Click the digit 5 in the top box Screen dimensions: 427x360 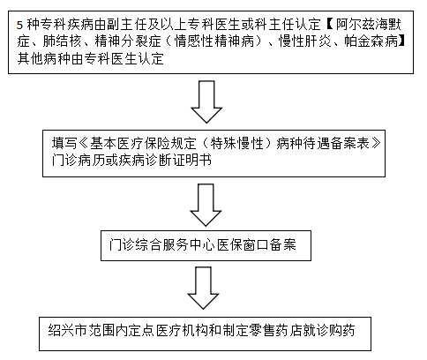[x=19, y=25]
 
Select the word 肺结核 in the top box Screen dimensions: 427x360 [x=62, y=41]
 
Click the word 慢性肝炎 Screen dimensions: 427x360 [x=304, y=41]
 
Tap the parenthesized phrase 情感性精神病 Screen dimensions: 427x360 [x=214, y=41]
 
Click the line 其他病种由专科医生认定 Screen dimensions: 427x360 [x=90, y=58]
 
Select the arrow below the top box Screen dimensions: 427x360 [x=206, y=101]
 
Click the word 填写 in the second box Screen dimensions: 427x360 [x=64, y=144]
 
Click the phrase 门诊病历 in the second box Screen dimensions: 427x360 [x=78, y=161]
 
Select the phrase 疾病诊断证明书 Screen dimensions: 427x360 [x=165, y=161]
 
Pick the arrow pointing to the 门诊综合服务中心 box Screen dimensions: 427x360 [x=206, y=205]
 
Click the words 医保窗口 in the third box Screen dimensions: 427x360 [x=243, y=244]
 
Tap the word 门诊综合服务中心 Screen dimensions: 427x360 [x=163, y=244]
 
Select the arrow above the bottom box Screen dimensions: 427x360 [x=203, y=288]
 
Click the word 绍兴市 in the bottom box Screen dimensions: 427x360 [x=67, y=330]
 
